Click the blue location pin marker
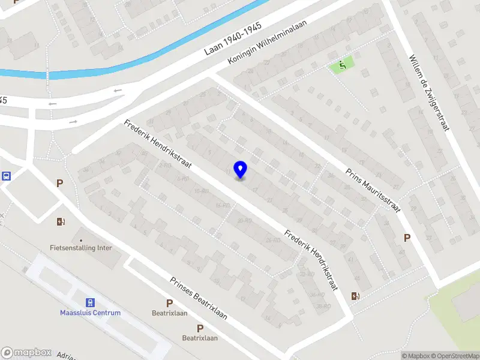tap(241, 170)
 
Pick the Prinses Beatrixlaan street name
tap(199, 298)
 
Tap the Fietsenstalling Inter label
tap(81, 248)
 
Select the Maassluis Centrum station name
tap(90, 313)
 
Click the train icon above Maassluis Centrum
tap(90, 302)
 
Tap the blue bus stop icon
tap(7, 176)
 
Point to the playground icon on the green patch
tap(343, 65)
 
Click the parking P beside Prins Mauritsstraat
tap(407, 238)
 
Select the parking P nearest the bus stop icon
tap(59, 183)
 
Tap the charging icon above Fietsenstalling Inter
tap(60, 222)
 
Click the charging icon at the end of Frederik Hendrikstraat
tap(355, 295)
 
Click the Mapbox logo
tap(26, 353)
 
